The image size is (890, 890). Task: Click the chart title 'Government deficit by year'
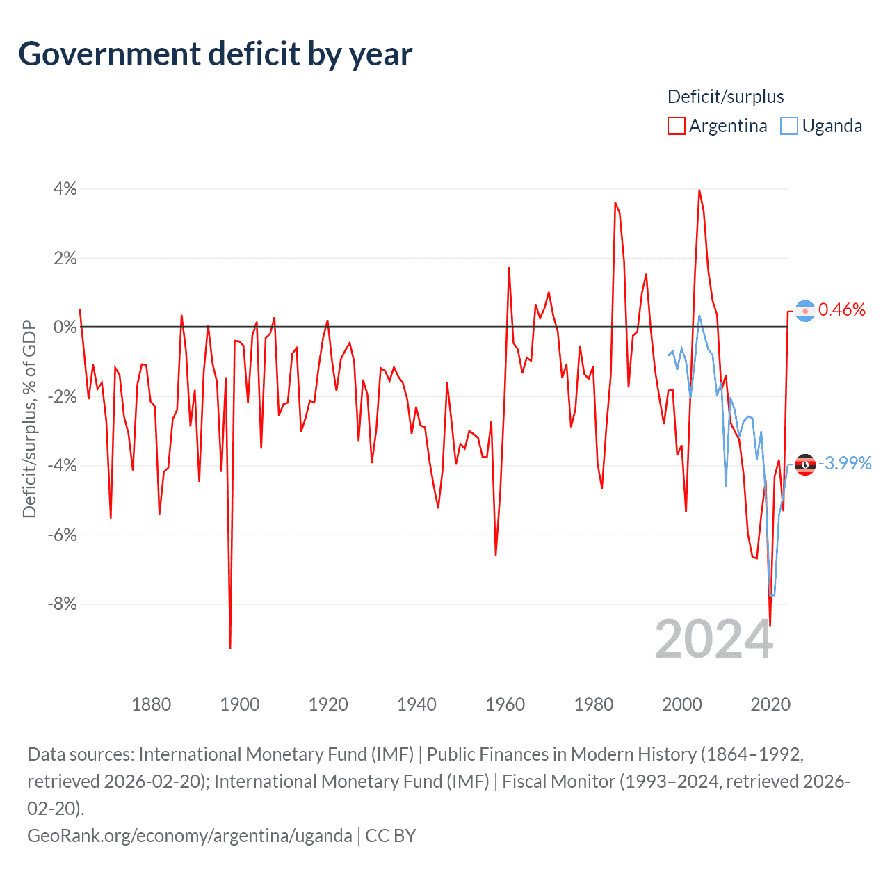pyautogui.click(x=216, y=54)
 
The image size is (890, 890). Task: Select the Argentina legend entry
pyautogui.click(x=718, y=126)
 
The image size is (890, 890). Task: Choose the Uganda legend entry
pyautogui.click(x=822, y=126)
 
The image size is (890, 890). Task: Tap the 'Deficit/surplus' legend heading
pyautogui.click(x=725, y=97)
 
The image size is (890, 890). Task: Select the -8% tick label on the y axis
pyautogui.click(x=62, y=604)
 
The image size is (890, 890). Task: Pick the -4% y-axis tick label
pyautogui.click(x=62, y=466)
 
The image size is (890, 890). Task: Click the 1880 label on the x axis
pyautogui.click(x=151, y=704)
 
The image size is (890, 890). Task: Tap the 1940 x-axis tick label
pyautogui.click(x=416, y=704)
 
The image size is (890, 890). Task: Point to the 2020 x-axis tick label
pyautogui.click(x=770, y=704)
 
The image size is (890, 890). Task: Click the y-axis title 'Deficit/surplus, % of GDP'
pyautogui.click(x=29, y=419)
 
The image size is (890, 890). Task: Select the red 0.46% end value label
pyautogui.click(x=842, y=310)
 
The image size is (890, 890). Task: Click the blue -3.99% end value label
pyautogui.click(x=845, y=464)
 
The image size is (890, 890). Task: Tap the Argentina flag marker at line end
pyautogui.click(x=805, y=311)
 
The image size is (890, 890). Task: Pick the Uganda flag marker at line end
pyautogui.click(x=805, y=464)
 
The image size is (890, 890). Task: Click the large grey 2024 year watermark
pyautogui.click(x=714, y=639)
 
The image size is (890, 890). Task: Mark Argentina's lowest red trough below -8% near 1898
pyautogui.click(x=230, y=647)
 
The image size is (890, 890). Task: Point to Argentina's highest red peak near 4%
pyautogui.click(x=699, y=191)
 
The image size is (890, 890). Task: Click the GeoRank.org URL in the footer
pyautogui.click(x=189, y=835)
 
